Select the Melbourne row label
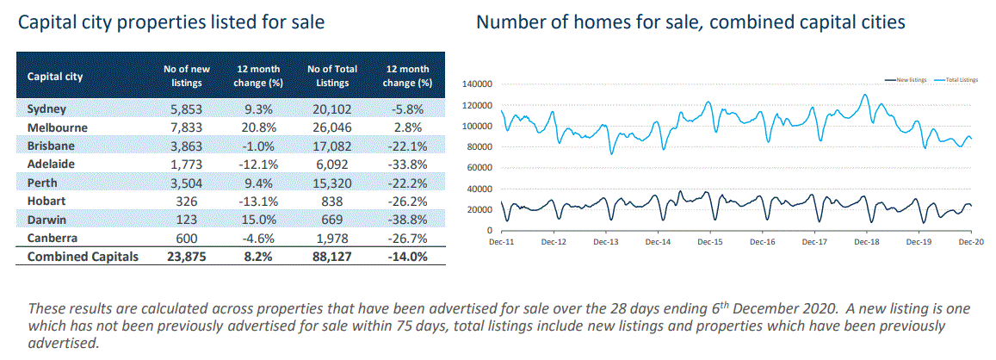click(x=57, y=127)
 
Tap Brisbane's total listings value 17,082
click(x=331, y=143)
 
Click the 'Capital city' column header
click(x=55, y=76)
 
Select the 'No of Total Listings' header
click(x=331, y=76)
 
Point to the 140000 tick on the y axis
click(x=477, y=84)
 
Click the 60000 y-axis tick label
click(x=479, y=168)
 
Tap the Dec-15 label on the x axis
click(x=710, y=244)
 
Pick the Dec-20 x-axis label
click(x=971, y=244)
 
